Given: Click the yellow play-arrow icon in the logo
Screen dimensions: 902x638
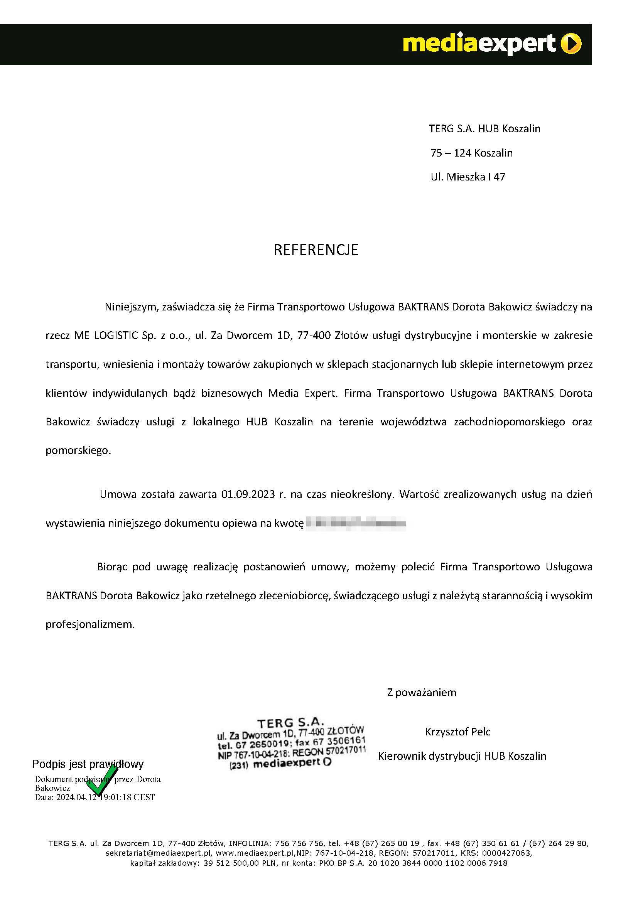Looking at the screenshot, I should (x=571, y=44).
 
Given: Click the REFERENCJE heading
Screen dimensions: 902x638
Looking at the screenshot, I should (x=316, y=250).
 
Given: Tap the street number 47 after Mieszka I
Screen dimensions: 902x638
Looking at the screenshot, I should (x=499, y=177).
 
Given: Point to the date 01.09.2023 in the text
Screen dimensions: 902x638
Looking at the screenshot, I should (x=248, y=494).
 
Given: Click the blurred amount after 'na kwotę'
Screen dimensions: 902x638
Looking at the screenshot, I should (x=356, y=523).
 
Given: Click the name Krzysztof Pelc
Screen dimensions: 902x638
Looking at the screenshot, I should (x=458, y=732).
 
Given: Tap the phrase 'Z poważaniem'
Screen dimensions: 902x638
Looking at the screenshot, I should (x=422, y=692).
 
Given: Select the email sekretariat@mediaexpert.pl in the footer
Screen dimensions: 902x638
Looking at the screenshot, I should (x=159, y=853).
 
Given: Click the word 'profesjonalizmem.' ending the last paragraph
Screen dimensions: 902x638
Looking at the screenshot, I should (x=90, y=624).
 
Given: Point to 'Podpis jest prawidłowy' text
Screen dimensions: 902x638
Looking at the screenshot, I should (x=88, y=764).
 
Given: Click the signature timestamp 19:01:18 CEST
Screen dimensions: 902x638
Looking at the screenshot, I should (x=127, y=797).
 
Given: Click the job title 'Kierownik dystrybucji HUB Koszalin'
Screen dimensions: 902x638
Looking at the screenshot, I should (x=462, y=756).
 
